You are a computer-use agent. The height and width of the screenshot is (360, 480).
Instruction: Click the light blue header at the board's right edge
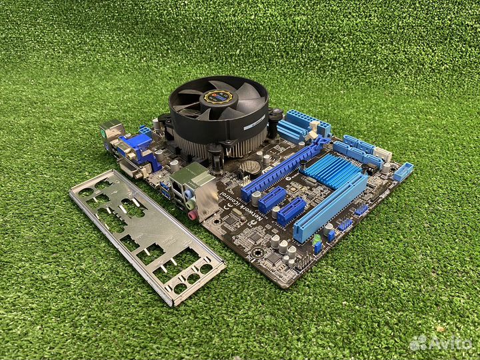(x=403, y=171)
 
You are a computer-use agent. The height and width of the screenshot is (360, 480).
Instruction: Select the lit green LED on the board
(x=317, y=237)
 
